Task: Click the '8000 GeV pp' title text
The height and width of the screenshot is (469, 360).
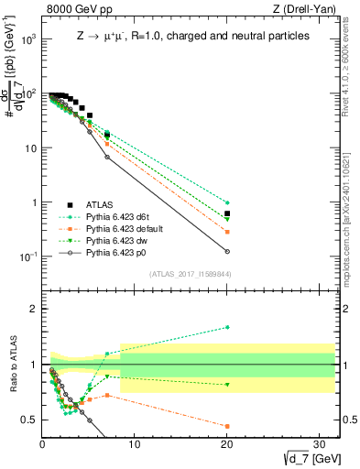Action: click(80, 10)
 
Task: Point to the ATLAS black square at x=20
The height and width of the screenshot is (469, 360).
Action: click(227, 213)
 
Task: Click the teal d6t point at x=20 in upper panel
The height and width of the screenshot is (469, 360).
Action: click(227, 202)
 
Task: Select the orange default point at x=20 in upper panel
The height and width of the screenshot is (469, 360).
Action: click(227, 232)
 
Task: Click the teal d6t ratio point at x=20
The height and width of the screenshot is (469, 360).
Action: click(227, 327)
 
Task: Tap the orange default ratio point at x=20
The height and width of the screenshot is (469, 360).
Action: click(227, 426)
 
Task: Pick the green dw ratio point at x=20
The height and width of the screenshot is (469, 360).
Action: click(227, 385)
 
